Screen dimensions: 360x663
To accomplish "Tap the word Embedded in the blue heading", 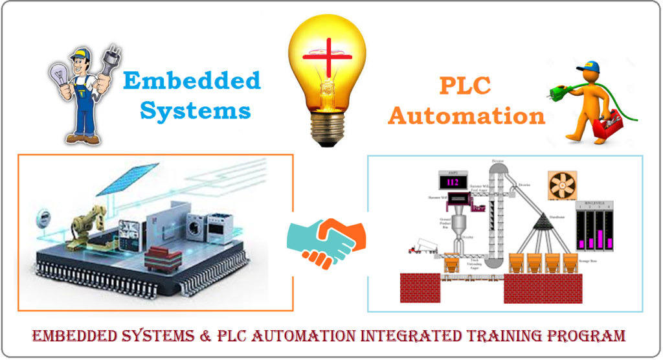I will pyautogui.click(x=192, y=82).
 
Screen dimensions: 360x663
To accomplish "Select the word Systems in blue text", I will pyautogui.click(x=196, y=110).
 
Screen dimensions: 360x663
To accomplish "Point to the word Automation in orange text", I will pyautogui.click(x=466, y=116).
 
